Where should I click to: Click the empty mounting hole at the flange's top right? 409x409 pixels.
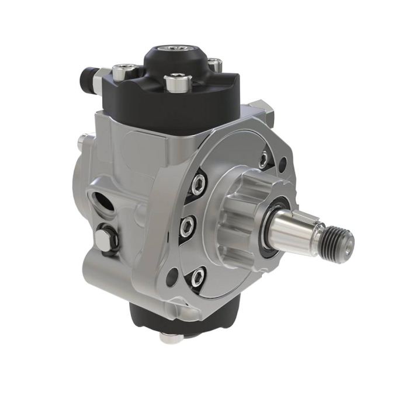point(283,166)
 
